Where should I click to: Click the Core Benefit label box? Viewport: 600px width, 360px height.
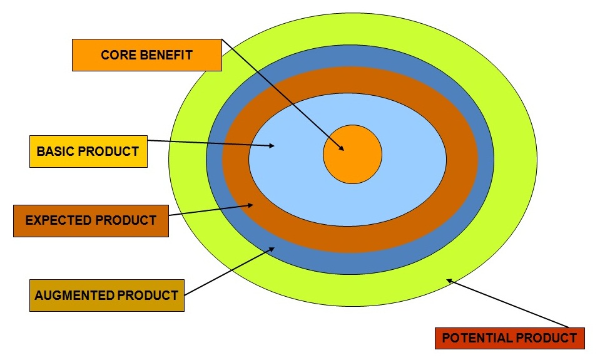147,55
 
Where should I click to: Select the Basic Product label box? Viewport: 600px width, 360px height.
88,152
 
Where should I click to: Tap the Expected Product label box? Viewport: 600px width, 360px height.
91,220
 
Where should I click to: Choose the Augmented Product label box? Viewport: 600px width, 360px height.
107,296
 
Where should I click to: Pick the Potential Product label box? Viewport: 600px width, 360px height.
509,338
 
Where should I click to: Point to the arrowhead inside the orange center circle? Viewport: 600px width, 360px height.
341,148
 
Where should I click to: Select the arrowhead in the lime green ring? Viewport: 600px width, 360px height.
449,281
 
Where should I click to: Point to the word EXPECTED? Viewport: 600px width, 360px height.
59,220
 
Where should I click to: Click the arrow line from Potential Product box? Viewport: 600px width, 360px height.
507,304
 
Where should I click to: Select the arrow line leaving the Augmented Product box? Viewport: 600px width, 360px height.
228,272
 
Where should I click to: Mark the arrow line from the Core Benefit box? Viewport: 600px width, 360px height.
282,94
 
